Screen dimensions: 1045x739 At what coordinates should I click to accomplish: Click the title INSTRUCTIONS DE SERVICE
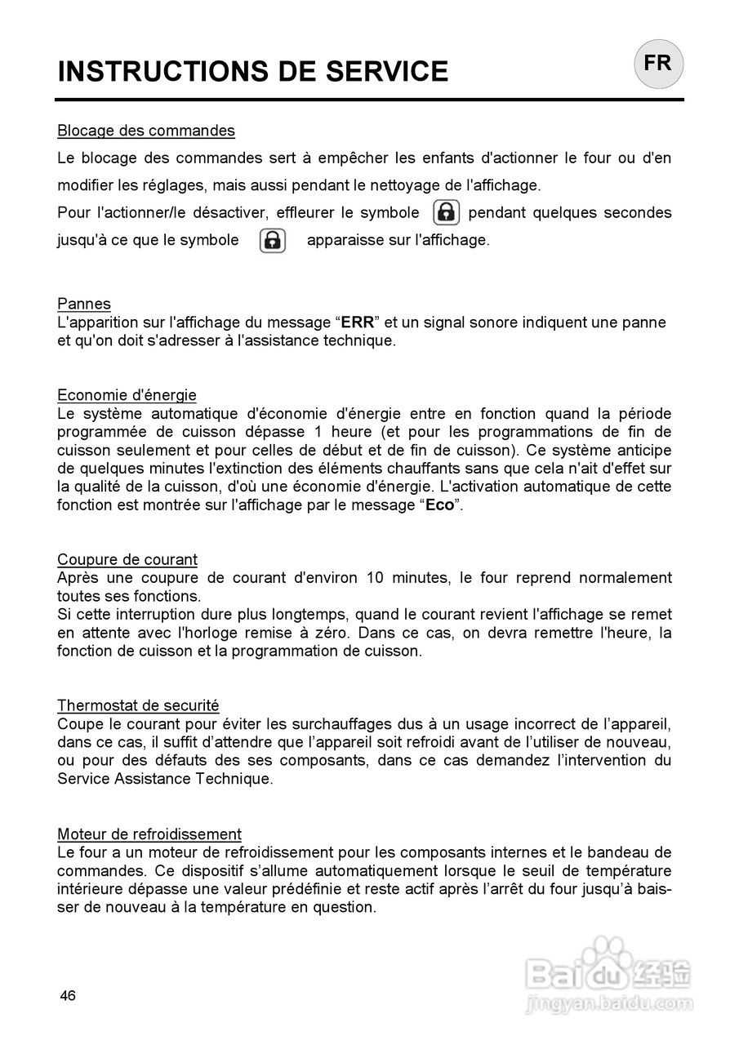click(x=252, y=72)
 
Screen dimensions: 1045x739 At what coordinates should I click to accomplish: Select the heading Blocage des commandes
click(x=146, y=131)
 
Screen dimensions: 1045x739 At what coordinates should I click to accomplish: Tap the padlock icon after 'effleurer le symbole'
click(x=446, y=212)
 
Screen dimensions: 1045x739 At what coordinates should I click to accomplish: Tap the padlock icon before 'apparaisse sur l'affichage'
click(x=273, y=240)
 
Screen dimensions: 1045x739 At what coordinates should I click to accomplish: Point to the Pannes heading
click(x=83, y=304)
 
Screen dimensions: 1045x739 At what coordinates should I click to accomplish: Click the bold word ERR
click(x=356, y=322)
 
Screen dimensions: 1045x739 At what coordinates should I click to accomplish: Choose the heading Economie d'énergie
click(x=127, y=395)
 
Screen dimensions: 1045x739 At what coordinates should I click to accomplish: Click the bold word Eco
click(x=439, y=505)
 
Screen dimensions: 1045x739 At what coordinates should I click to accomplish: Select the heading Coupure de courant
click(x=127, y=560)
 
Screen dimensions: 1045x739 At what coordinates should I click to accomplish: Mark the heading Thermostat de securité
click(x=138, y=705)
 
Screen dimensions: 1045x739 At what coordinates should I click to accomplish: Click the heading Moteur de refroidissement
click(x=149, y=834)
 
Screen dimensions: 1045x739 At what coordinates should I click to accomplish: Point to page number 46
click(x=66, y=995)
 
